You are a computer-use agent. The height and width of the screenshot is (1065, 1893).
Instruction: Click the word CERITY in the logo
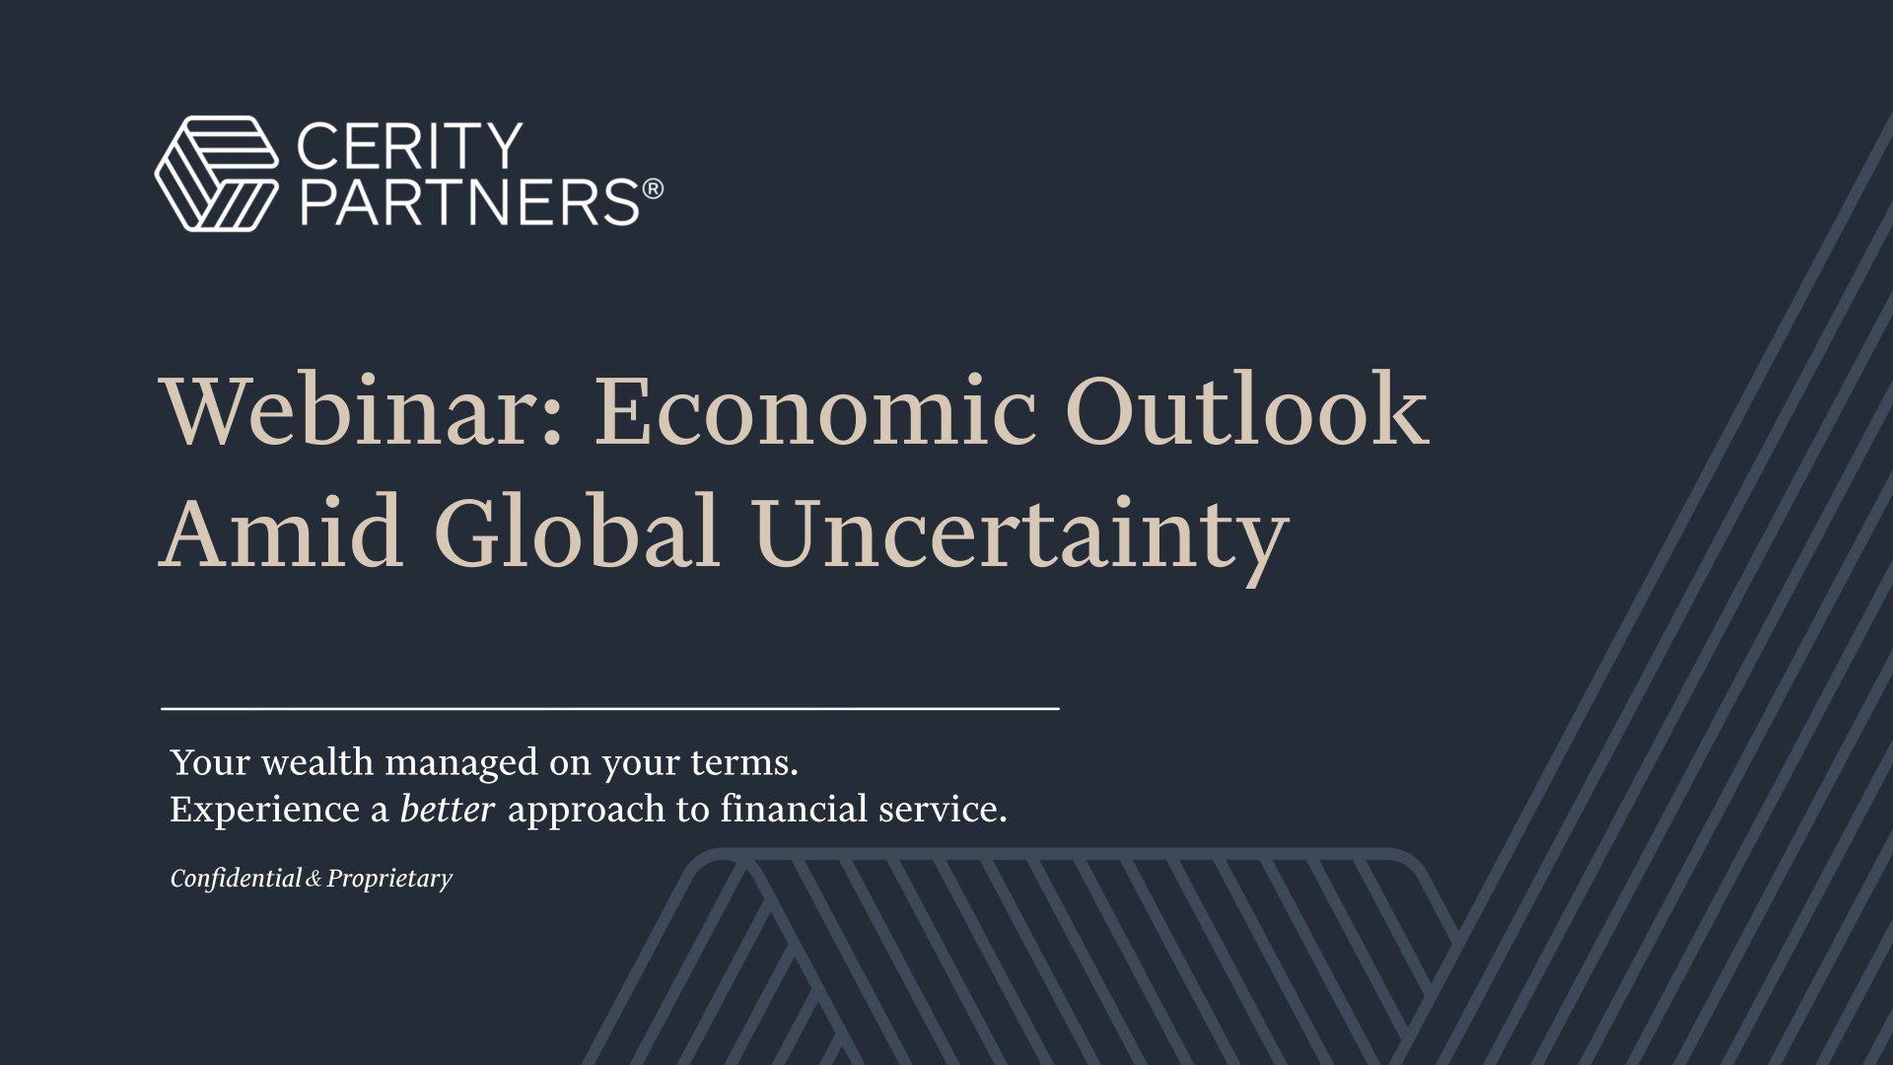[409, 146]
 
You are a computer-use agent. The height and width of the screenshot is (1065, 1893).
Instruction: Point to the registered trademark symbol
[653, 188]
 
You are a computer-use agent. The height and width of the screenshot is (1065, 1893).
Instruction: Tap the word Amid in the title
[281, 532]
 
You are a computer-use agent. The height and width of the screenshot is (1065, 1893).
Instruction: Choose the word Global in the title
[577, 532]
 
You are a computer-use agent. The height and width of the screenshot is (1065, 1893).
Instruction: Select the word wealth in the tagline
[316, 762]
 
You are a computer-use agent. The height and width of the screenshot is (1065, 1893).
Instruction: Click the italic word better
[447, 810]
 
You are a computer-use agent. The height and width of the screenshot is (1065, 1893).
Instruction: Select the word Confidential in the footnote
[236, 878]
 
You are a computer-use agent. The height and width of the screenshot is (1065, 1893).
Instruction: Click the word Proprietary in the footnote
[389, 879]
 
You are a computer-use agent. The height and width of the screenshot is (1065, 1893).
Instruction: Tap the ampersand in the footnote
[314, 879]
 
